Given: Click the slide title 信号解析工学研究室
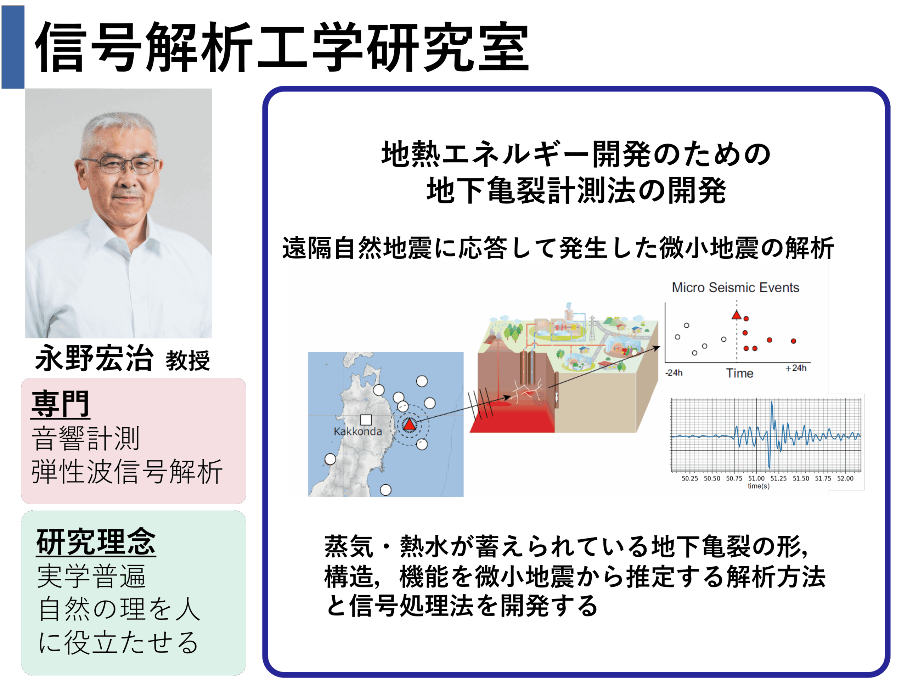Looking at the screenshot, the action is coord(282,47).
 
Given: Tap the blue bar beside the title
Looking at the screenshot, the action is coord(13,47).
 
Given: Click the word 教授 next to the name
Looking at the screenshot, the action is coord(188,361).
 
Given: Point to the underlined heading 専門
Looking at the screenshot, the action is coord(60,404).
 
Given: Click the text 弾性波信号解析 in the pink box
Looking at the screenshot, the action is coord(127,472).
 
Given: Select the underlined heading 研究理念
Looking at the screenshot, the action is coord(96,542).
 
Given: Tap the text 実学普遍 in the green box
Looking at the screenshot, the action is coord(91,576).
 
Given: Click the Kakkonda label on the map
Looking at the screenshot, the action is coord(358,431).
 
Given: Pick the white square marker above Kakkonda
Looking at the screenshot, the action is coord(366,420).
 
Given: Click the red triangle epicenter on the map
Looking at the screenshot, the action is coord(409,425).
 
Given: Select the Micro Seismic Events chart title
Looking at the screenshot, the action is coord(736,287).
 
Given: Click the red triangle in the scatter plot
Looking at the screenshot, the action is coord(737,315).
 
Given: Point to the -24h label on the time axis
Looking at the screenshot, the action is coord(674,373).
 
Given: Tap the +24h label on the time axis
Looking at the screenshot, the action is coord(796,368).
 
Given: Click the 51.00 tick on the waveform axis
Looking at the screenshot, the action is coord(756,478).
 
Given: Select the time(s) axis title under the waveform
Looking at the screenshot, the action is coord(759,486).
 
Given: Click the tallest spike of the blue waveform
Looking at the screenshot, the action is coord(772,403).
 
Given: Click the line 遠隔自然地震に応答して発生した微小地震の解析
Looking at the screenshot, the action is coord(558,248).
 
